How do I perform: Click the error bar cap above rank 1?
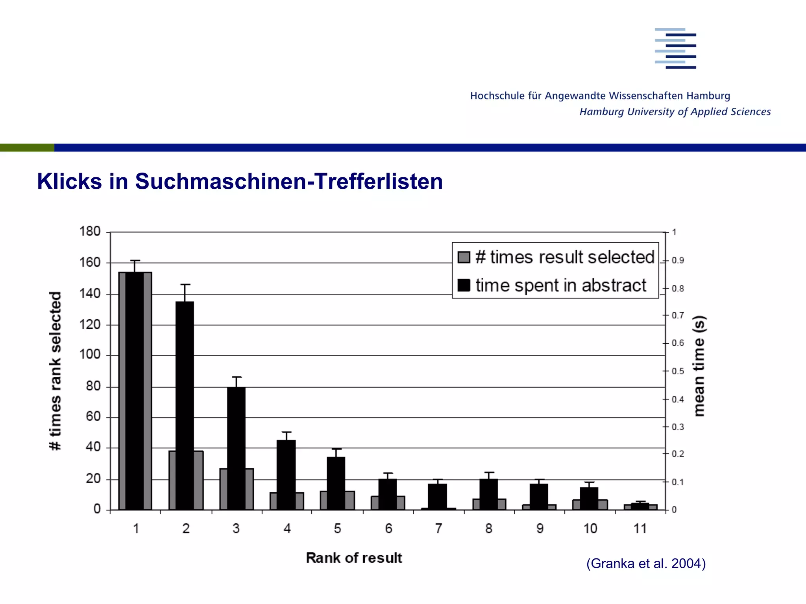[135, 261]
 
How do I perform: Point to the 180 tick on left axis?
[90, 231]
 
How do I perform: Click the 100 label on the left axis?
[90, 354]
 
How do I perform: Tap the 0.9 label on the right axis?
[678, 260]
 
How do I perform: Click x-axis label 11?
[640, 528]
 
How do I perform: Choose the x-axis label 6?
[388, 528]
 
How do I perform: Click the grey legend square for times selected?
[464, 258]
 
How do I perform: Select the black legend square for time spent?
[464, 285]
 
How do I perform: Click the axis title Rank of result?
[354, 558]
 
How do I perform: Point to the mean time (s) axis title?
[699, 366]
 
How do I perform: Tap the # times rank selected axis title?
[55, 371]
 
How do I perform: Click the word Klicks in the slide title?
[69, 181]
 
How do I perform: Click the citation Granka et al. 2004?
[646, 563]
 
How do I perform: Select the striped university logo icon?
[675, 48]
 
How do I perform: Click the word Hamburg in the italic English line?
[602, 112]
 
